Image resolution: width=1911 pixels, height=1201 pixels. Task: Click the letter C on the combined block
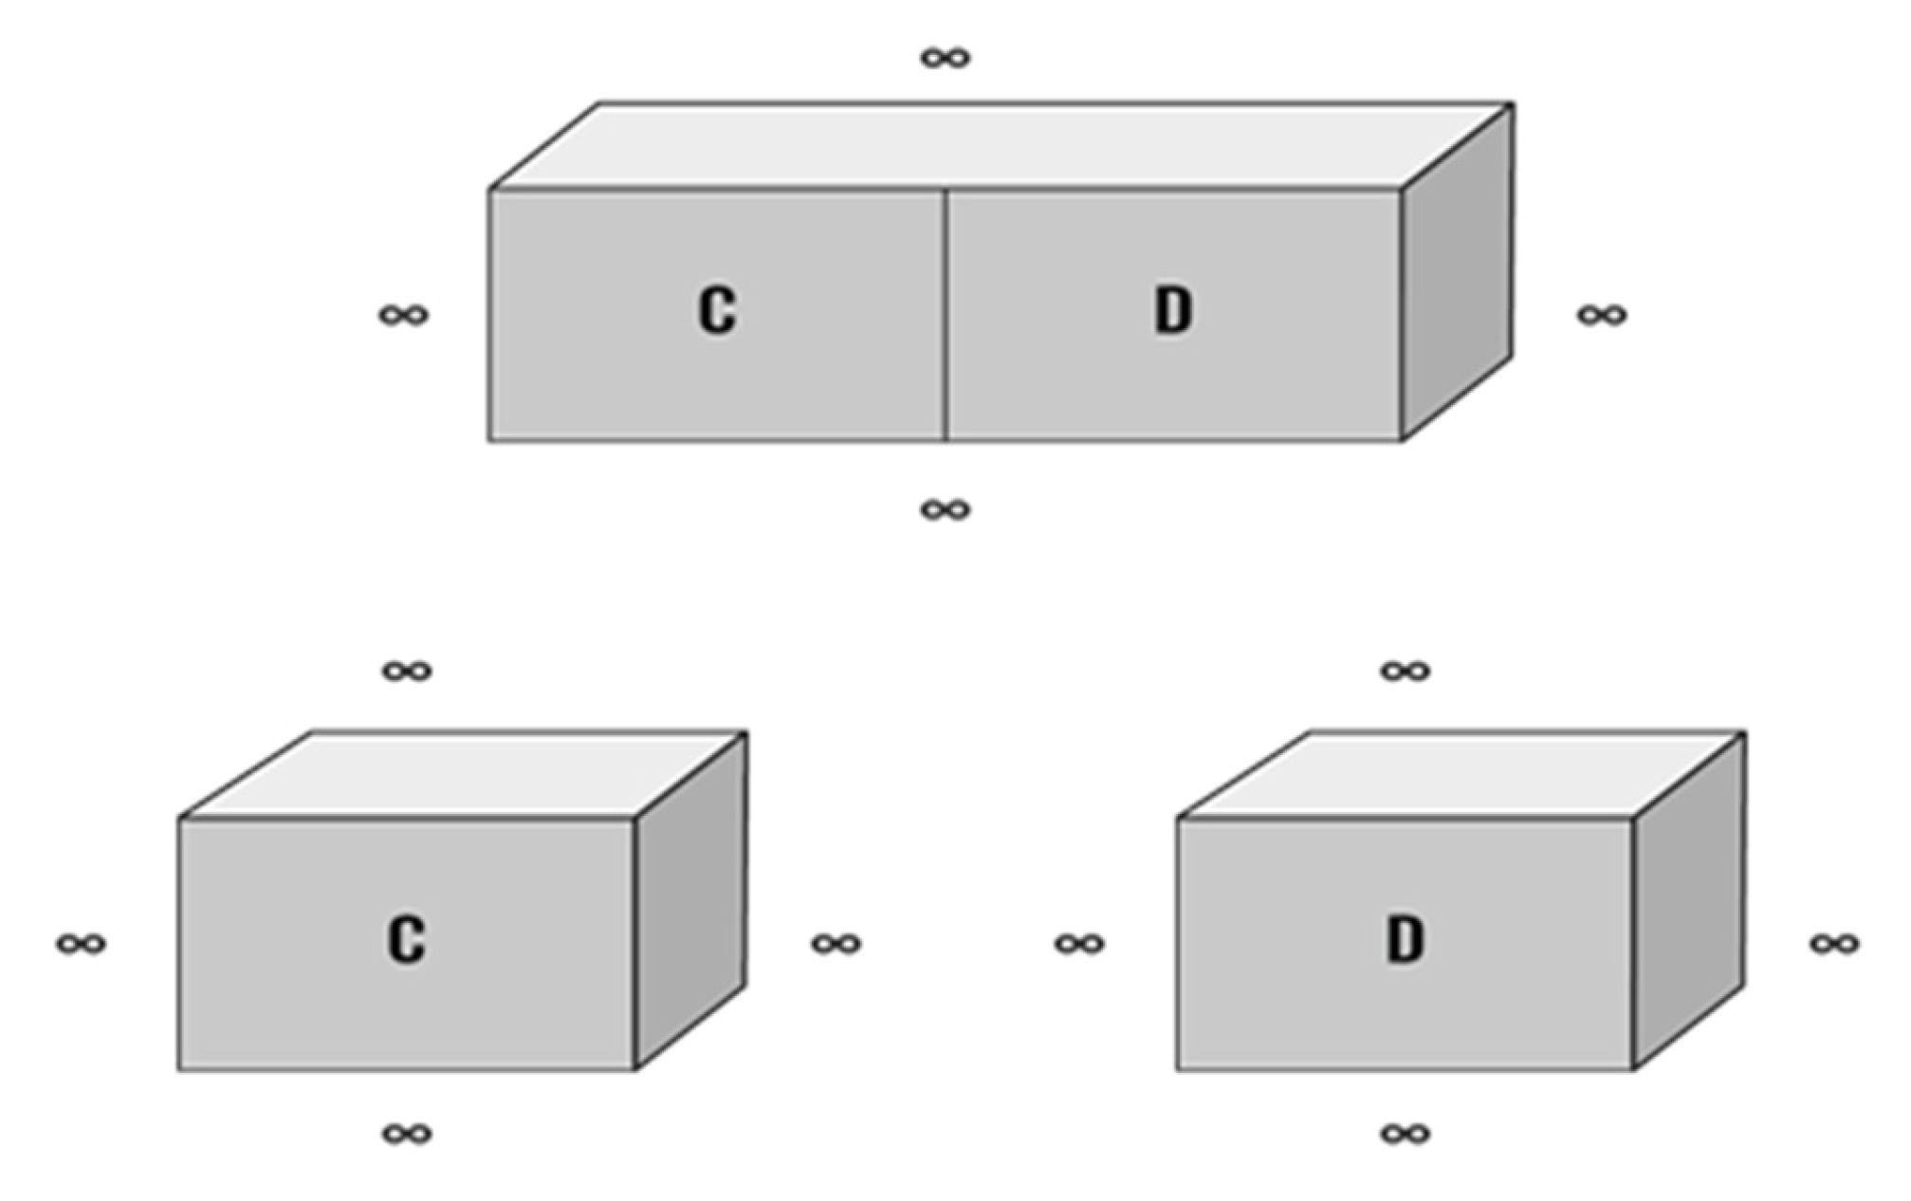pyautogui.click(x=717, y=310)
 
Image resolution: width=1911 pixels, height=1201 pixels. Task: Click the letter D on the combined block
pyautogui.click(x=1173, y=310)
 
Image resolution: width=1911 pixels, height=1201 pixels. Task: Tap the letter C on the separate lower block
pyautogui.click(x=406, y=939)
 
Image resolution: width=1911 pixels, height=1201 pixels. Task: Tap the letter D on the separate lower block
pyautogui.click(x=1405, y=939)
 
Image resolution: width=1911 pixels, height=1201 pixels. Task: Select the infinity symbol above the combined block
pyautogui.click(x=946, y=58)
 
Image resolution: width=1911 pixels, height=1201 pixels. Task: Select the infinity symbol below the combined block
pyautogui.click(x=946, y=510)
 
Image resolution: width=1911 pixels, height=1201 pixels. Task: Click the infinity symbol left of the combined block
pyautogui.click(x=403, y=314)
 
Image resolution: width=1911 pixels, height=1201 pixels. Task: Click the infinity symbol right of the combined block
pyautogui.click(x=1602, y=314)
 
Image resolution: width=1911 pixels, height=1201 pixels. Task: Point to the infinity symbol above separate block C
pyautogui.click(x=407, y=672)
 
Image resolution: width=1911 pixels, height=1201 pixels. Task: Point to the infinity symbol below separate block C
pyautogui.click(x=407, y=1134)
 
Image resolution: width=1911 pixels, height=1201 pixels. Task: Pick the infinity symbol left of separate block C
pyautogui.click(x=81, y=944)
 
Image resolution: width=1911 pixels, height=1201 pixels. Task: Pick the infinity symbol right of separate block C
pyautogui.click(x=836, y=944)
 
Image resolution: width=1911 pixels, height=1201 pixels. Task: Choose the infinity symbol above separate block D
pyautogui.click(x=1405, y=672)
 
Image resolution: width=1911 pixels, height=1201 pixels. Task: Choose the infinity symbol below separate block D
pyautogui.click(x=1405, y=1134)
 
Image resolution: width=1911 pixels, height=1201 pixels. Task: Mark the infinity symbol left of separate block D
pyautogui.click(x=1079, y=944)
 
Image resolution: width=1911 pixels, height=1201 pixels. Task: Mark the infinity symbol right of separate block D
pyautogui.click(x=1834, y=944)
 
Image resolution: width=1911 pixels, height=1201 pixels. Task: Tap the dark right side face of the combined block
pyautogui.click(x=1458, y=275)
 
